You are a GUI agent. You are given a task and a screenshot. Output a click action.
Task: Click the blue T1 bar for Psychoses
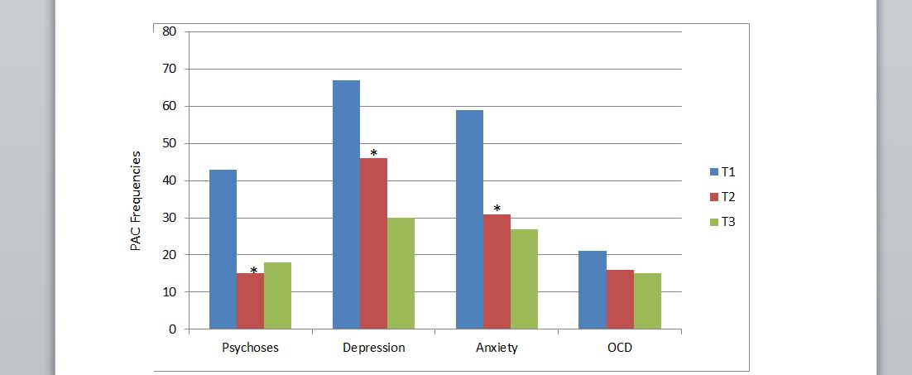click(x=223, y=249)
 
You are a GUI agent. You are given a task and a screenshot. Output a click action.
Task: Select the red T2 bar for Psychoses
click(x=250, y=301)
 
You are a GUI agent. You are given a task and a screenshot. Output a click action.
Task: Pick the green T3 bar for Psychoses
click(x=277, y=296)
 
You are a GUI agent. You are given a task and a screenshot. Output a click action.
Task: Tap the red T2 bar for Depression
click(x=373, y=243)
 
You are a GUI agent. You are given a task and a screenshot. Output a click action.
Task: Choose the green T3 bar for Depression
click(x=401, y=273)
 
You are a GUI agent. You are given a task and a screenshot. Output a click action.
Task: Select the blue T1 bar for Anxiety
click(x=469, y=219)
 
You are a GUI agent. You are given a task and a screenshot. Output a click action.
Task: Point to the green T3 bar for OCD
click(x=647, y=301)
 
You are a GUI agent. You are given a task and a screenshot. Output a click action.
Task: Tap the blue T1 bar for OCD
click(x=593, y=290)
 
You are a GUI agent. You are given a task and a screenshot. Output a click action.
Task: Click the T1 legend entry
click(x=722, y=172)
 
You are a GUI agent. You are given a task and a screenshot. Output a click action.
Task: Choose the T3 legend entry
click(x=722, y=221)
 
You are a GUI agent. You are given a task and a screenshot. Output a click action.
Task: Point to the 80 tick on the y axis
click(x=170, y=31)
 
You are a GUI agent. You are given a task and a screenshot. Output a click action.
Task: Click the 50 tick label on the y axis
click(x=170, y=143)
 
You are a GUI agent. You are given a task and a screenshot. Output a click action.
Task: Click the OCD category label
click(x=619, y=348)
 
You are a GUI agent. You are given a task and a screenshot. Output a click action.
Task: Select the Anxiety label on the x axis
click(x=497, y=348)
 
